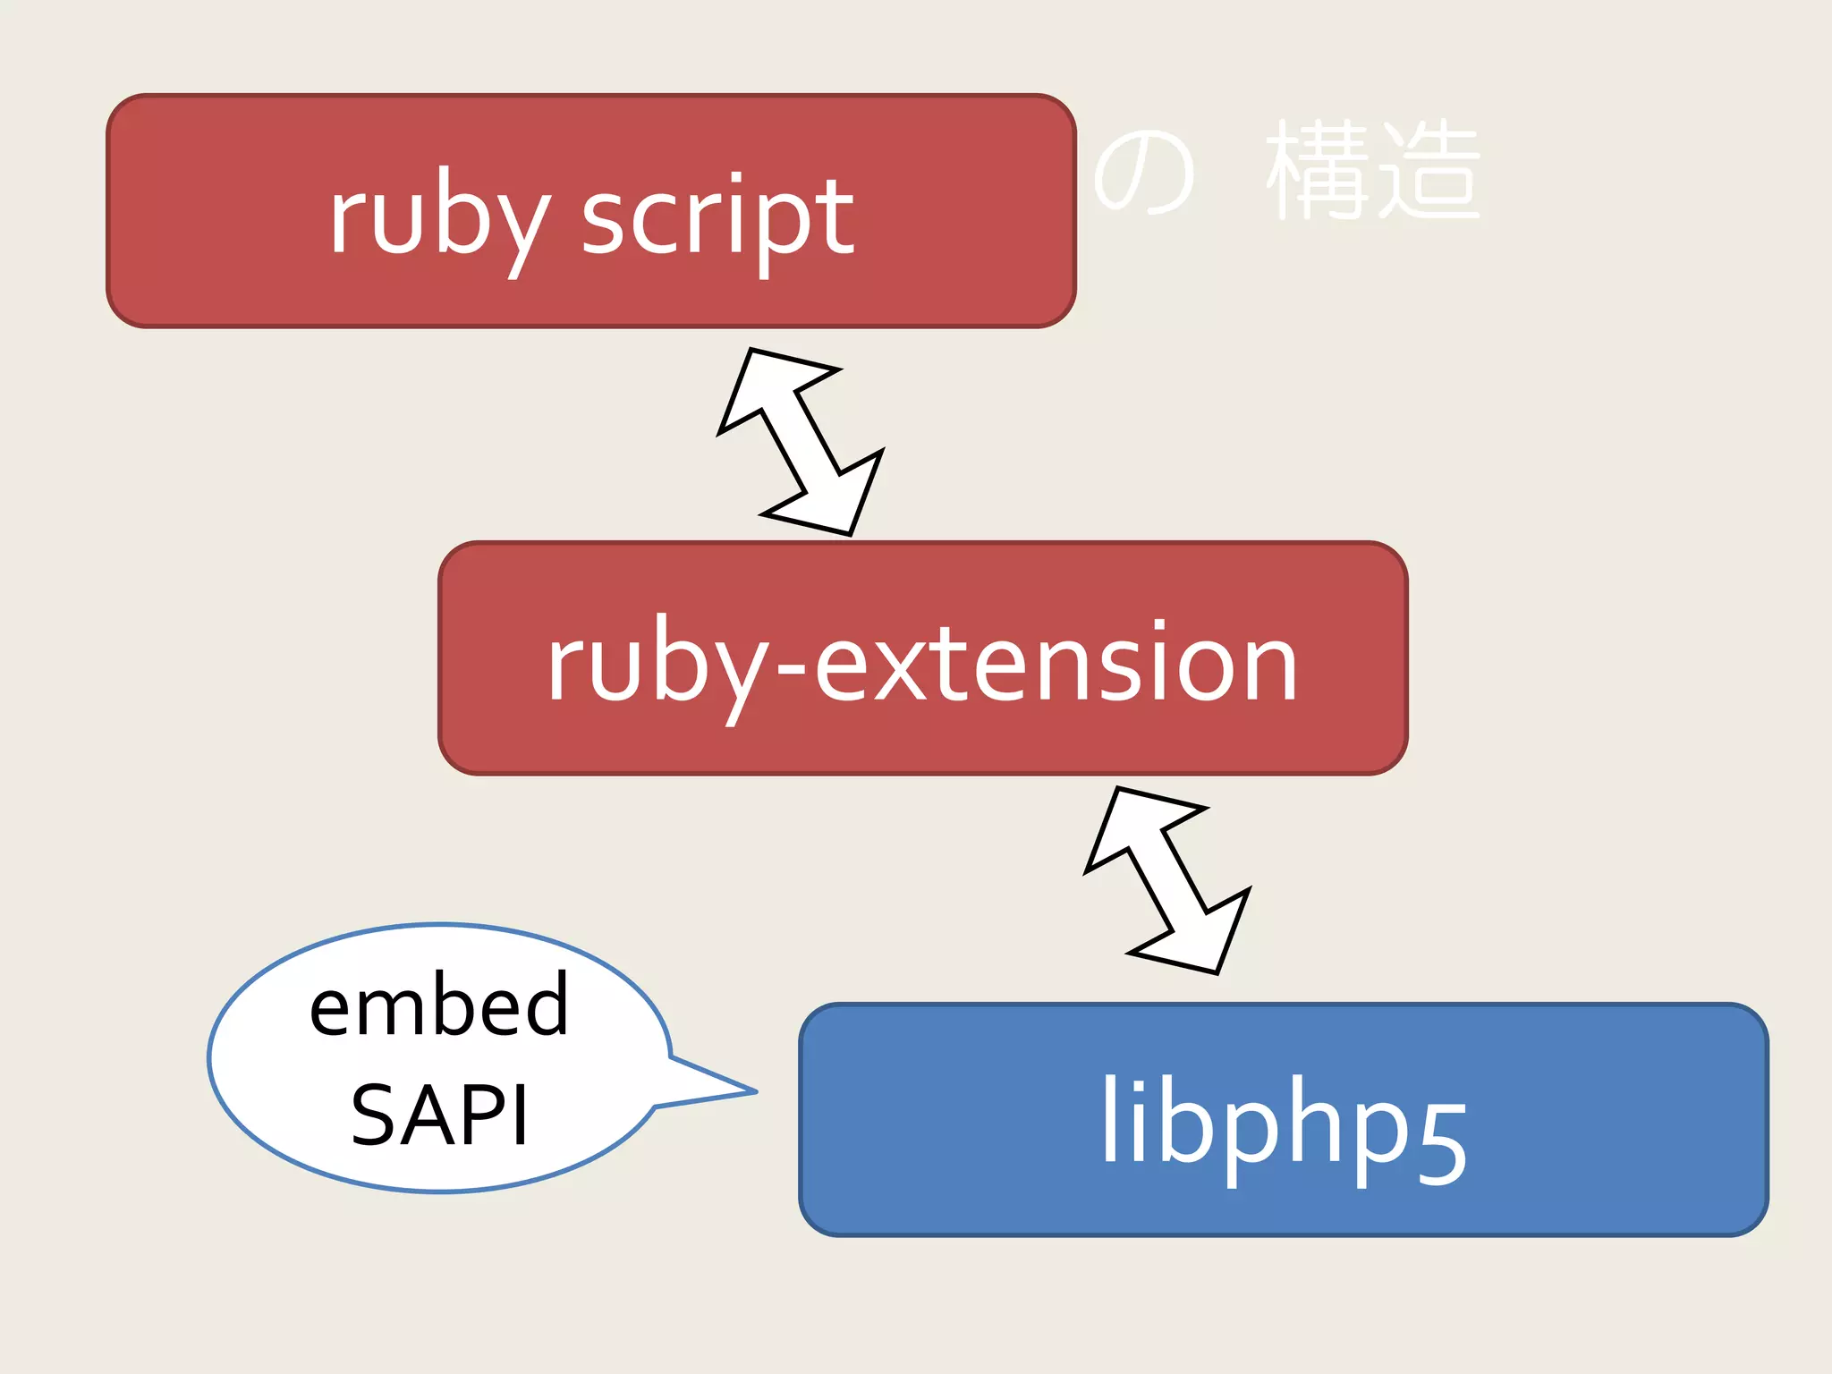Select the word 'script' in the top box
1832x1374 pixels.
tap(717, 219)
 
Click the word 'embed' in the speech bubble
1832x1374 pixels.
tap(438, 1006)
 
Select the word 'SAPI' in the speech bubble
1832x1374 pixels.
tap(439, 1115)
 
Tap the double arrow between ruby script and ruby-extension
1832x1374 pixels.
tap(801, 442)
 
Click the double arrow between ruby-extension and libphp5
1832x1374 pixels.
tap(1167, 880)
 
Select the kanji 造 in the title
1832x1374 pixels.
tap(1429, 170)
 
